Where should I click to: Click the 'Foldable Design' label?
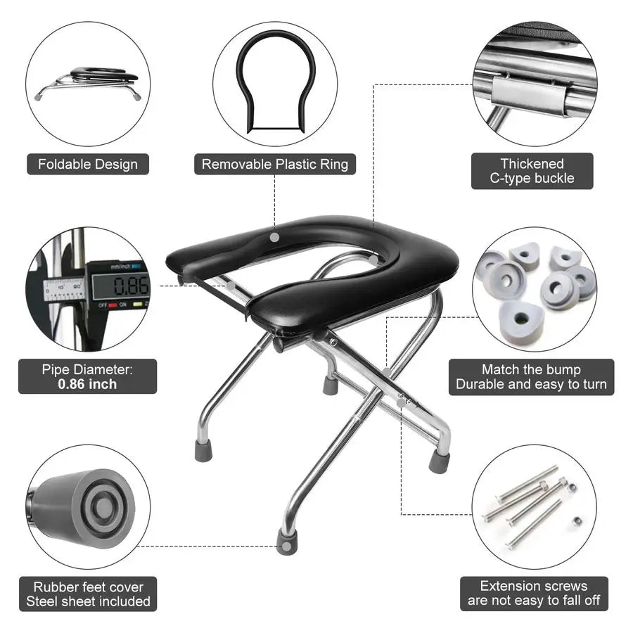coord(88,165)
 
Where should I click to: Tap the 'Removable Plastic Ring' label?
coord(275,165)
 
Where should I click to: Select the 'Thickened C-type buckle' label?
coord(532,172)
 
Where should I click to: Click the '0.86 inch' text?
coord(88,385)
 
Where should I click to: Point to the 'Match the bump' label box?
coord(531,377)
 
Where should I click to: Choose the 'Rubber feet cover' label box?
coord(88,594)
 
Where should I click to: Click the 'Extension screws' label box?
coord(534,594)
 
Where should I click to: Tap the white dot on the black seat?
coord(274,237)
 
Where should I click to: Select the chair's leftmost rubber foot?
coord(203,450)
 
